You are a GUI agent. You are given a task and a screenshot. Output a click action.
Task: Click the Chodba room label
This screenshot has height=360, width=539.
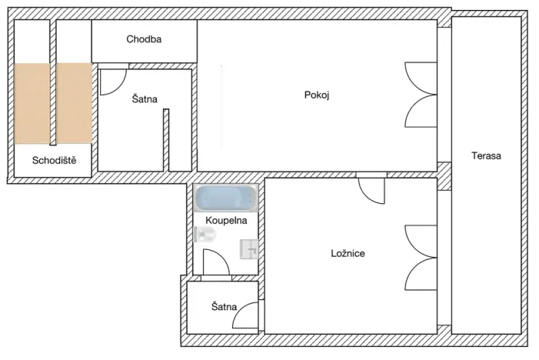[144, 39]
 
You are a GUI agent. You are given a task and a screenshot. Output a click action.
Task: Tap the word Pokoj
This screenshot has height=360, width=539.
[316, 95]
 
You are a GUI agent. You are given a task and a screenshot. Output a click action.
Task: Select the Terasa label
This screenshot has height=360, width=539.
[486, 156]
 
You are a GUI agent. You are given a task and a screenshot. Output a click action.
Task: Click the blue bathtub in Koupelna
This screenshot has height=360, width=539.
[225, 200]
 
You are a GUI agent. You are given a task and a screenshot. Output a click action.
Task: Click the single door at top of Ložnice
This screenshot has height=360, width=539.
[373, 188]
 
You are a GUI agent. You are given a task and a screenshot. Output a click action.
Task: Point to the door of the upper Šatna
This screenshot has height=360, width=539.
[113, 80]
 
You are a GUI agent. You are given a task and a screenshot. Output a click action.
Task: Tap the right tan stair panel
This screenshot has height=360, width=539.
[74, 103]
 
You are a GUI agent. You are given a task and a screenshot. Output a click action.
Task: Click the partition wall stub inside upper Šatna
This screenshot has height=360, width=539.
[166, 139]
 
